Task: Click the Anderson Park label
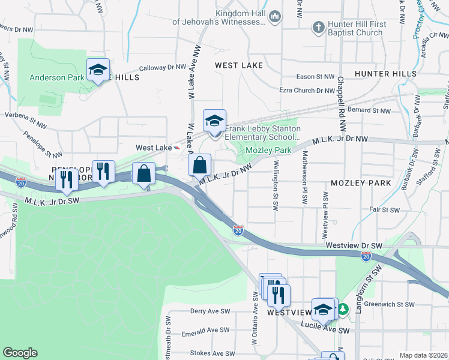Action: [57, 77]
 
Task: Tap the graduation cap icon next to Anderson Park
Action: [98, 70]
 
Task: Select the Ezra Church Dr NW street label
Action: [307, 91]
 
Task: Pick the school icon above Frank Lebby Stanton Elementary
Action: [214, 121]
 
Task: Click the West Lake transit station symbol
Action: [176, 147]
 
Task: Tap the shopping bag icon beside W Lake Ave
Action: [200, 164]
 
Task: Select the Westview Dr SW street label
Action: [354, 245]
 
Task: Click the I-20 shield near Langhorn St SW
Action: [366, 256]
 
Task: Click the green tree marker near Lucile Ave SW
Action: [343, 310]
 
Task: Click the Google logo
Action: [20, 353]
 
